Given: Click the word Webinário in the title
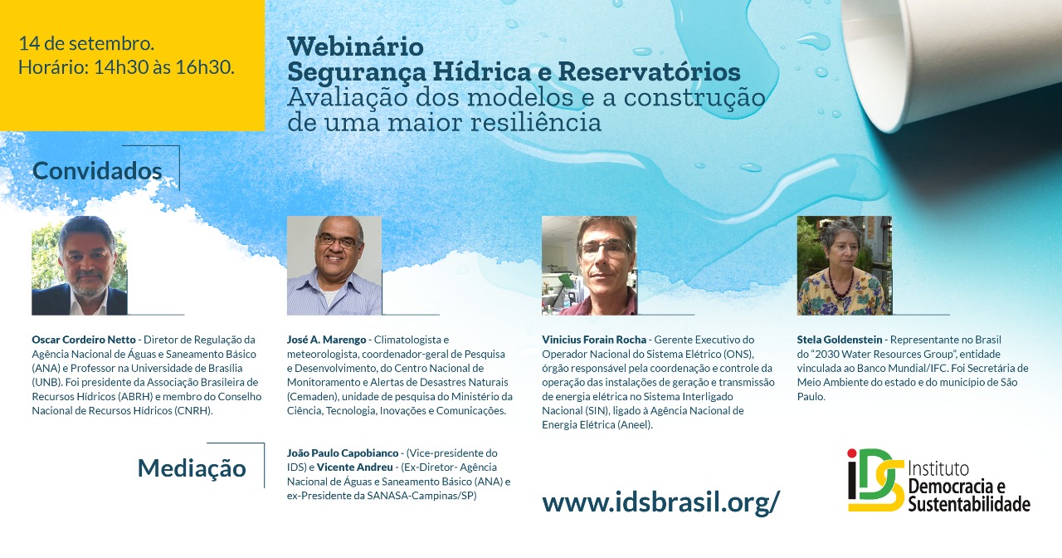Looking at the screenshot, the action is (355, 46).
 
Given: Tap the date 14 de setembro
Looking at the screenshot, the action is (86, 44).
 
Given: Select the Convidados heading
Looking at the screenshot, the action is (97, 171).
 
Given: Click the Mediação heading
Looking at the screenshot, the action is (192, 468).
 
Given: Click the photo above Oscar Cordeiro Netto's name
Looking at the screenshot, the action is (79, 266).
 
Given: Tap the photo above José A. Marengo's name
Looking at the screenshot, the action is (334, 266).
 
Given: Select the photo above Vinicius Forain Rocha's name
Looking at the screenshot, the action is (589, 266).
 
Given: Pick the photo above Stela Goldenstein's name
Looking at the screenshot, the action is (845, 266).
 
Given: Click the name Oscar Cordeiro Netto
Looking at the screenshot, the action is (84, 340).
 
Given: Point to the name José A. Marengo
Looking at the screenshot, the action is (326, 340).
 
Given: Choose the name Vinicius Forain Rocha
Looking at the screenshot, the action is (594, 340).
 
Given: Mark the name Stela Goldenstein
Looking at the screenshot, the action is (839, 340).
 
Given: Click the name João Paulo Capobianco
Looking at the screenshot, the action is (343, 453).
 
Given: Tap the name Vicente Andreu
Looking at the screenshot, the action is (354, 467).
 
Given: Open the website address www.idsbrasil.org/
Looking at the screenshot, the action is (661, 502).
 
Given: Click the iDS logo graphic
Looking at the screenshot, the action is (876, 480).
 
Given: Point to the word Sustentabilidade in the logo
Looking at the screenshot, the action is (969, 503).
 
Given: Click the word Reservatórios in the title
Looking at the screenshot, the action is (649, 72).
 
